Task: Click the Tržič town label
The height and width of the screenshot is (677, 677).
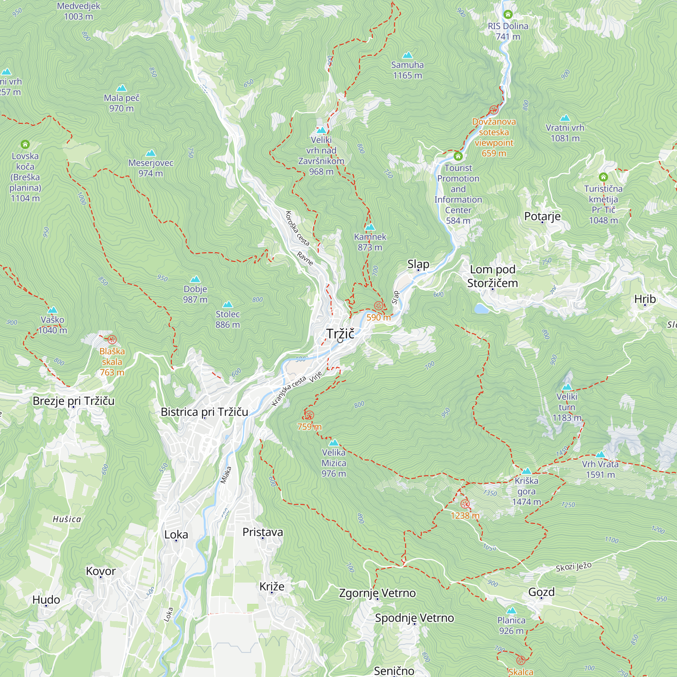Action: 340,334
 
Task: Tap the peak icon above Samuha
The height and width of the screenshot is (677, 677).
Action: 408,55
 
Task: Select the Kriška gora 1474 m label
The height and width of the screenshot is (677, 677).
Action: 526,491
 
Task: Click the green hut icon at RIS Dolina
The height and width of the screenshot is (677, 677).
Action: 508,14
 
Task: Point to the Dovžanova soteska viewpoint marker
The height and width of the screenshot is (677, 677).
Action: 494,110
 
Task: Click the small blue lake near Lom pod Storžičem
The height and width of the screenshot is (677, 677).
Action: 481,308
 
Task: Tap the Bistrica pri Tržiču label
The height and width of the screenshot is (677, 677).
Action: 204,412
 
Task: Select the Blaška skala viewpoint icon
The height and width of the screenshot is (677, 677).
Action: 112,339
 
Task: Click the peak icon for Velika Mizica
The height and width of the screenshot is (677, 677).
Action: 334,442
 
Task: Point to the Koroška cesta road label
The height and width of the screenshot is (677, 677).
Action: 297,228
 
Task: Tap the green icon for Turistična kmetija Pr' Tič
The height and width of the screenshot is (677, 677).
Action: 603,177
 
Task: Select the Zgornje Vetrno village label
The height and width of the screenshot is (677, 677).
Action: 377,593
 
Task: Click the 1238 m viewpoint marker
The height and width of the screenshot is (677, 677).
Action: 465,504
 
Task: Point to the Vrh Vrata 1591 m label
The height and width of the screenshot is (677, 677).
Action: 600,469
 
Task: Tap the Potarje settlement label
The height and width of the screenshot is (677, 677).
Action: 542,216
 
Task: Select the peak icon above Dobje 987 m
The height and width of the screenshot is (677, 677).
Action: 195,279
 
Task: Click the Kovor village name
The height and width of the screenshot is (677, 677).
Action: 101,571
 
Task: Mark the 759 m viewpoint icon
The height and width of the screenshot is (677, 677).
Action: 309,415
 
